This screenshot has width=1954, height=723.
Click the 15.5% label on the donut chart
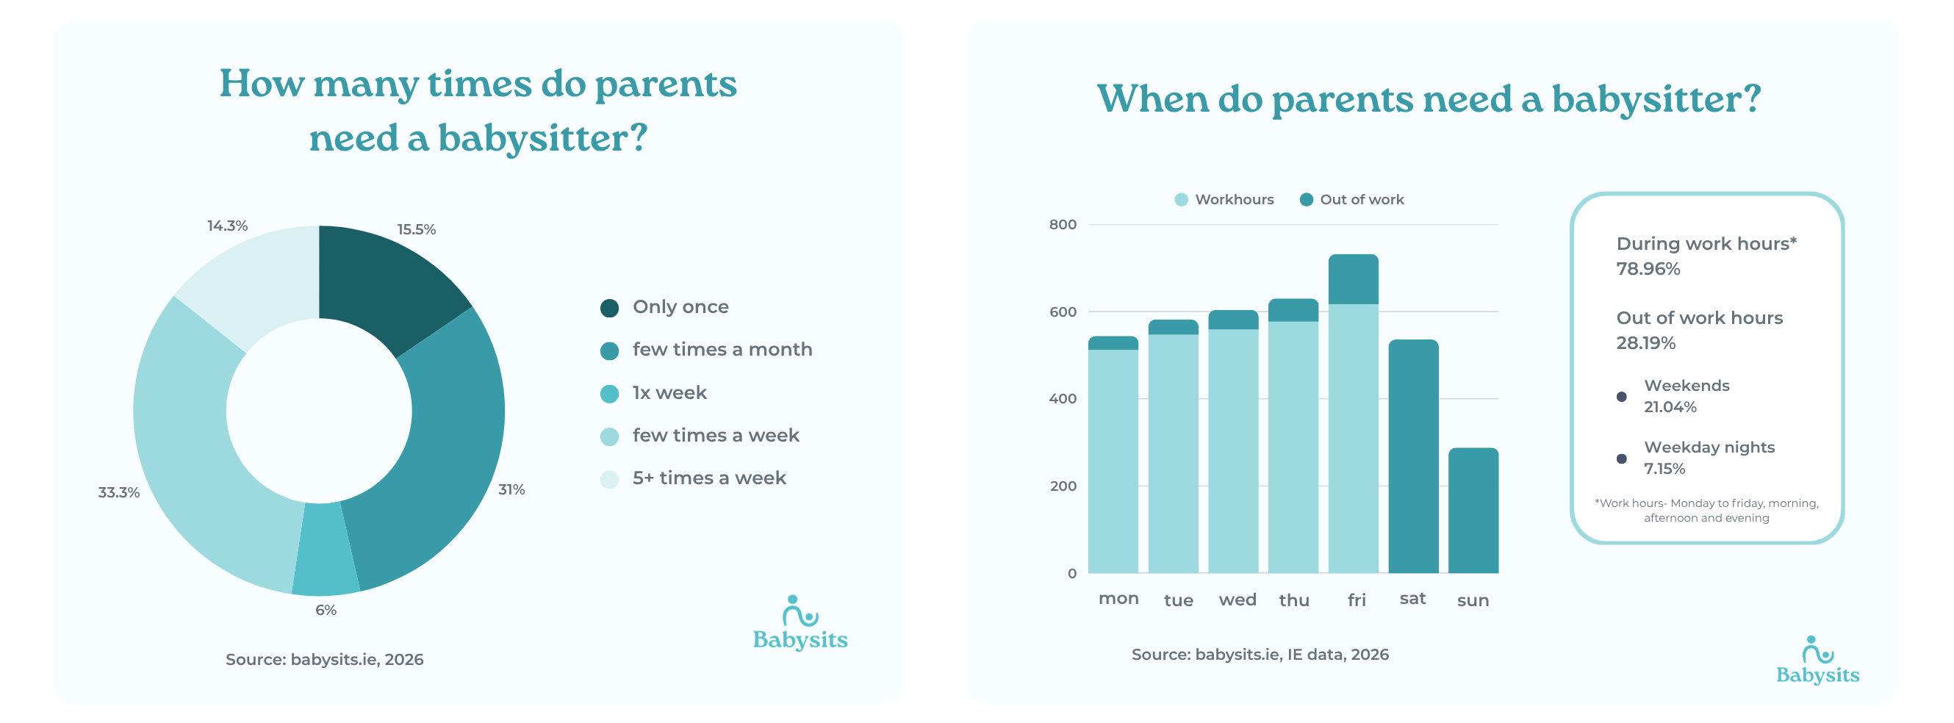click(416, 229)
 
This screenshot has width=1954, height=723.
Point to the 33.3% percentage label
click(119, 492)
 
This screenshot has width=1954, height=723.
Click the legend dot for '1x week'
click(609, 394)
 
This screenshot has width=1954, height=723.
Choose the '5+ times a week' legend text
click(708, 478)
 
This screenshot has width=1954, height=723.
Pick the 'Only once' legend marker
click(609, 308)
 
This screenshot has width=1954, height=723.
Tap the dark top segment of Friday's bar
click(1352, 279)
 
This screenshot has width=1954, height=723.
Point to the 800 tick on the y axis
click(1062, 225)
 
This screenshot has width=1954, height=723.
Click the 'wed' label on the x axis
click(1237, 600)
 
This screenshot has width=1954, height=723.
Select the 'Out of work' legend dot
click(1305, 200)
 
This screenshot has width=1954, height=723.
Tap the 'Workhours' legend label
click(1233, 200)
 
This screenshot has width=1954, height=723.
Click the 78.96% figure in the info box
click(1648, 269)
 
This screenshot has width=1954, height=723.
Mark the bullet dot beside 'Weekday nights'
click(1621, 458)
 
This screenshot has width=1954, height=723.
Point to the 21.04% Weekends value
click(1670, 406)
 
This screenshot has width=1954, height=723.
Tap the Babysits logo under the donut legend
click(800, 624)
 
